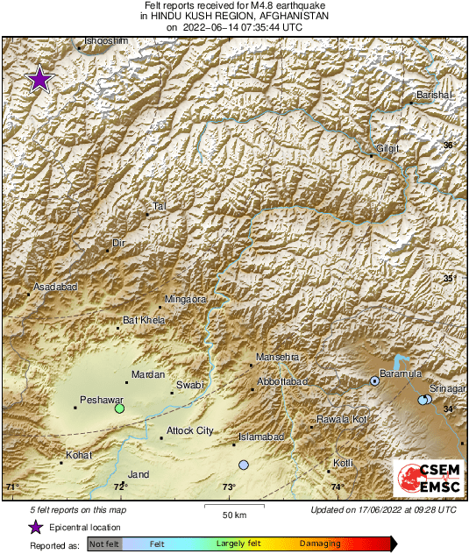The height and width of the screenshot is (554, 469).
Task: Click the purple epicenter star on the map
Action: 39,80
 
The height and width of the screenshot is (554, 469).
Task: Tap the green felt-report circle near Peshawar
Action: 119,408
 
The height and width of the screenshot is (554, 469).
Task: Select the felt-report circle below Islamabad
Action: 244,465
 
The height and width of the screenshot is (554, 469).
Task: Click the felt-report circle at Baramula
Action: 374,380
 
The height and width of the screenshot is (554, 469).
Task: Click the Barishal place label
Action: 433,95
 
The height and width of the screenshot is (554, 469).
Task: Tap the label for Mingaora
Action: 185,299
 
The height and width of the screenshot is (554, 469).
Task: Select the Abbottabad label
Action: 282,382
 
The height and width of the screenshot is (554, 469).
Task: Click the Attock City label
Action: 189,430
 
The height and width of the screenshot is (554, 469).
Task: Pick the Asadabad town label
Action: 55,288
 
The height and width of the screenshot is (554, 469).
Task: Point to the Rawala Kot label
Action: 340,421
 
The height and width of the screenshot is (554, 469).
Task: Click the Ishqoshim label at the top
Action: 105,41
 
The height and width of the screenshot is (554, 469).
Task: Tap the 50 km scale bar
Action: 231,506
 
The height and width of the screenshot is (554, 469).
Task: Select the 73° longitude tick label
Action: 228,487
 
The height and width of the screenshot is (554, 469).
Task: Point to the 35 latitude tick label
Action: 449,279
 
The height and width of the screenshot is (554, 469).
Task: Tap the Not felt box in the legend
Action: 104,544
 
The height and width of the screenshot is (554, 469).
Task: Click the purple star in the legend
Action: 36,527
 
